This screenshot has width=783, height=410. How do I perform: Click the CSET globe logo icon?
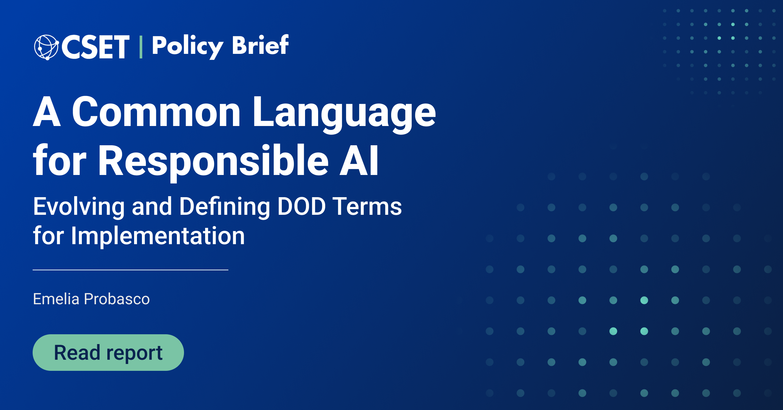pos(46,47)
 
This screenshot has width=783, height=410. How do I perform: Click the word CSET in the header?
pos(95,47)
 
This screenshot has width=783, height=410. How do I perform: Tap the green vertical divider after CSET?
pos(141,47)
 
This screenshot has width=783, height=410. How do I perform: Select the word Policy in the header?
pos(188,47)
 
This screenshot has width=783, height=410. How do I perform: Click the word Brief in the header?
pos(260,45)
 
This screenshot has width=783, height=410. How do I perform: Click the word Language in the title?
pos(344,114)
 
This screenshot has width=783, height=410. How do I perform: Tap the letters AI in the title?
pos(359,160)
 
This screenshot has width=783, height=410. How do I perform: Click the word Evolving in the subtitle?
pos(79,207)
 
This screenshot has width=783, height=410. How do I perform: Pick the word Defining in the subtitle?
pos(225,207)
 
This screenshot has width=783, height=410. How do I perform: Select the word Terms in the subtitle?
pos(367,206)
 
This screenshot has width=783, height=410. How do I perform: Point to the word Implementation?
pos(158,236)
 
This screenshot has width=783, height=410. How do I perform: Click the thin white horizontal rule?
pos(130,270)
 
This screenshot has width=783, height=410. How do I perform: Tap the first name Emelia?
pos(56,299)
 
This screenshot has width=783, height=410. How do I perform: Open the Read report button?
pos(108,353)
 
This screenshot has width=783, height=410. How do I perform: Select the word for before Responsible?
pos(60,160)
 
